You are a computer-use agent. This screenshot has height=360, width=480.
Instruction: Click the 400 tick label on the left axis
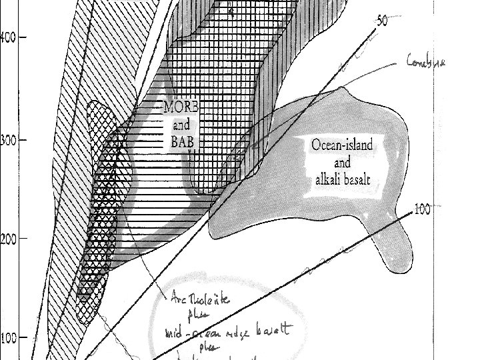click(8, 37)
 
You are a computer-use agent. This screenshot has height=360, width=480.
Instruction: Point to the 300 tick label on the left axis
click(8, 141)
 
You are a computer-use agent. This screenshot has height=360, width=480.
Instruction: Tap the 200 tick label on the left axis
click(8, 239)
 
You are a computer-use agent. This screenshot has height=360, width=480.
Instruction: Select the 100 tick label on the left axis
click(8, 338)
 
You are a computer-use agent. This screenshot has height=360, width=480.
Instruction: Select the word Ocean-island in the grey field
click(342, 145)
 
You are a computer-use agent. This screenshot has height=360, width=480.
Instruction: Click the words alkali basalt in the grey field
click(342, 179)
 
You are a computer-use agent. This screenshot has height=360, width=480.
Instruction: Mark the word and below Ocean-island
click(342, 161)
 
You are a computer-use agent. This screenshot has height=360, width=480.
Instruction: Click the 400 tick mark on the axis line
click(23, 37)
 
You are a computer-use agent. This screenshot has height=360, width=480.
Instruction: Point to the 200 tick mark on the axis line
click(23, 238)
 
